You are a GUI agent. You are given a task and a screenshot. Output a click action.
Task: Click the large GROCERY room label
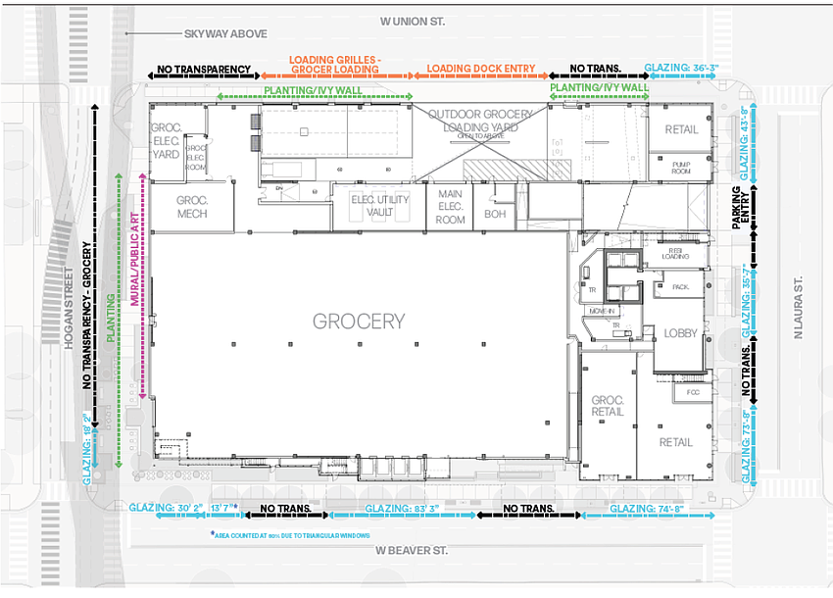pyautogui.click(x=359, y=321)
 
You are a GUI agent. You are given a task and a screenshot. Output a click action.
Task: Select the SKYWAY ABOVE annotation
pyautogui.click(x=224, y=34)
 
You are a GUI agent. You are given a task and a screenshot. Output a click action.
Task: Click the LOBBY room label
pyautogui.click(x=680, y=333)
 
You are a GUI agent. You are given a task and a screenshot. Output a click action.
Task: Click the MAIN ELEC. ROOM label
pyautogui.click(x=450, y=207)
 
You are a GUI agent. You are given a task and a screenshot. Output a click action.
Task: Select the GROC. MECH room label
pyautogui.click(x=191, y=208)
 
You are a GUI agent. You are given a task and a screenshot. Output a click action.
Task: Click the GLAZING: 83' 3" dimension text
pyautogui.click(x=402, y=509)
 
